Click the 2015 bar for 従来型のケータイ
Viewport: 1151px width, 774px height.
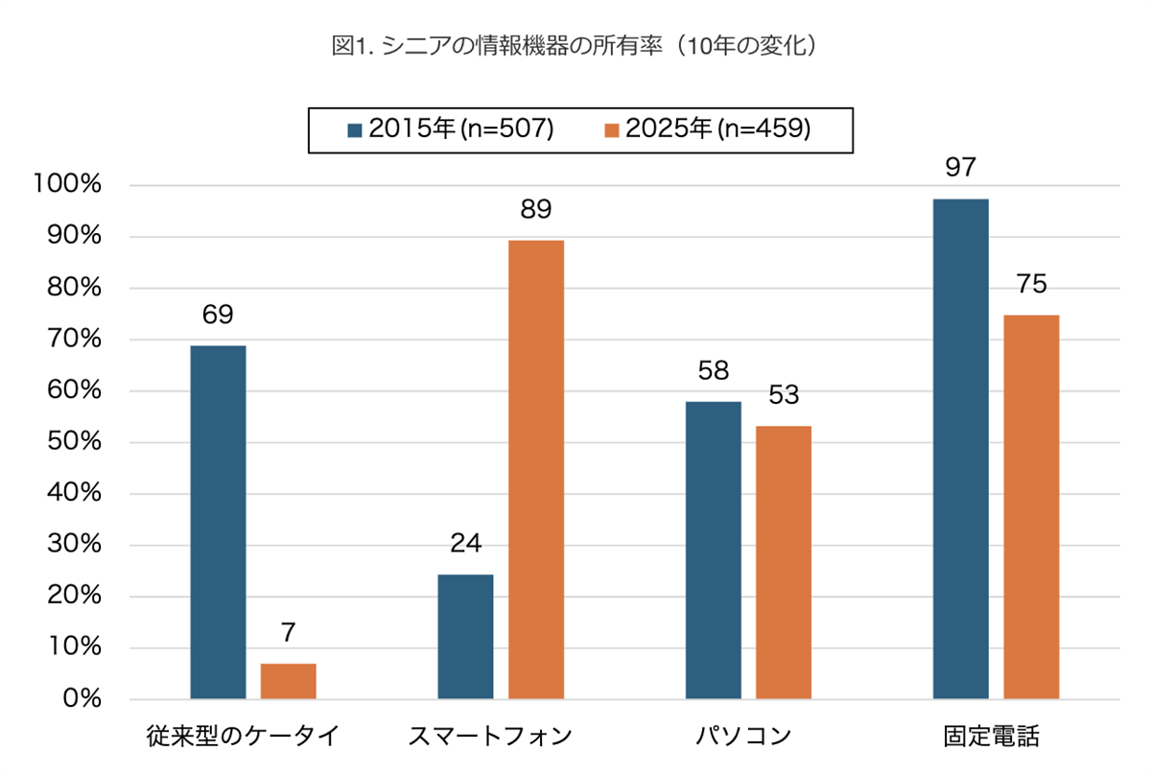pyautogui.click(x=218, y=522)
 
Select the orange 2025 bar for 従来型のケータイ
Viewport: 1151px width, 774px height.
pyautogui.click(x=288, y=681)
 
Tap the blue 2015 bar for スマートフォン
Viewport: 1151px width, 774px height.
pyautogui.click(x=465, y=637)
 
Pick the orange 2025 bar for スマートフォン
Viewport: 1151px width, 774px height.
pyautogui.click(x=535, y=469)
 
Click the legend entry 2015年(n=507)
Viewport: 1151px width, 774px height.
pyautogui.click(x=451, y=129)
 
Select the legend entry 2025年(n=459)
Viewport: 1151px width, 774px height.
pyautogui.click(x=708, y=129)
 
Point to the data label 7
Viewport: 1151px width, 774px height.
pyautogui.click(x=289, y=632)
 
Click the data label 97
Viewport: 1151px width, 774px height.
pyautogui.click(x=960, y=168)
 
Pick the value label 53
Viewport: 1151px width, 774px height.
pyautogui.click(x=784, y=395)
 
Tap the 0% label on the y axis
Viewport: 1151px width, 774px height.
pyautogui.click(x=83, y=699)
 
